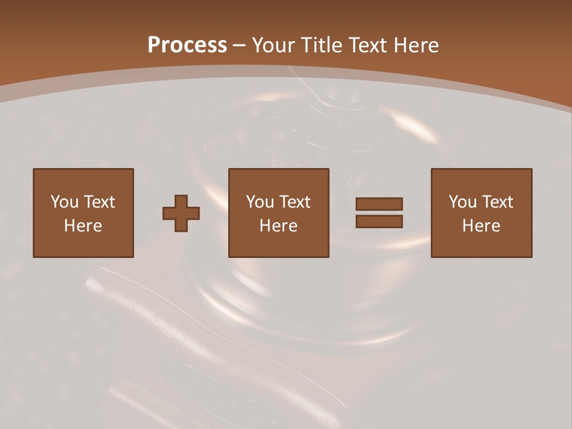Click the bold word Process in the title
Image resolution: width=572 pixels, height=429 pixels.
point(187,45)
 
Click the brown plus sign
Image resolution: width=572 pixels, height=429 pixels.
point(181,213)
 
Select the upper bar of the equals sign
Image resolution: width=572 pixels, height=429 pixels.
point(379,204)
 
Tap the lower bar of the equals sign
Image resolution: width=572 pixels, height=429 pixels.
point(379,222)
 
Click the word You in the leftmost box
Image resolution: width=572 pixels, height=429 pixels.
point(64,202)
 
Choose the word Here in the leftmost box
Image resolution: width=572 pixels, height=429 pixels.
point(83,226)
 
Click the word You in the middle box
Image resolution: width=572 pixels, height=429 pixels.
point(260,202)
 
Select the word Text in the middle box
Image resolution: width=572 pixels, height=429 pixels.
point(294,202)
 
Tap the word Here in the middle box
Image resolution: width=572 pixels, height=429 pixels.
point(278,226)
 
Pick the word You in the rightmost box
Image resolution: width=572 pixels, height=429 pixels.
point(462,202)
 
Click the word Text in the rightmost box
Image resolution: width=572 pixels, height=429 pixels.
point(497,202)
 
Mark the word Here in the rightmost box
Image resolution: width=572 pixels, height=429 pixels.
point(481,226)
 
